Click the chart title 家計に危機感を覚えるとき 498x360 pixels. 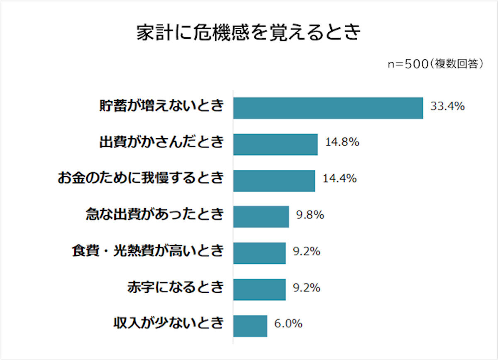(249, 33)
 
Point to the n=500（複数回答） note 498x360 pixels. (436, 64)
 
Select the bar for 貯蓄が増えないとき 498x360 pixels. (328, 108)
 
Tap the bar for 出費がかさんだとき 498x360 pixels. (275, 144)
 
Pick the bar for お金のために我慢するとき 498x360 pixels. (274, 181)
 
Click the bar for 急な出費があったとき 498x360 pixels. (261, 217)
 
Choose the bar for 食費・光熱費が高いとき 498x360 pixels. (259, 253)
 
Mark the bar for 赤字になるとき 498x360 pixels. (259, 289)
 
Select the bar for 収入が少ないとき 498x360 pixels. (250, 326)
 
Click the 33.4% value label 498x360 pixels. (447, 107)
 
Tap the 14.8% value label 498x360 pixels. (342, 143)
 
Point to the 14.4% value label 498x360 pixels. (339, 179)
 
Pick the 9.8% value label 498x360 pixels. (310, 215)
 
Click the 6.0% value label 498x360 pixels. (288, 324)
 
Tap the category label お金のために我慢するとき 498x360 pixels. (140, 179)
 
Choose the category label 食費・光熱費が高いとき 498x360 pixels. (147, 251)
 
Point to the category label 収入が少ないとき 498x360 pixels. (168, 323)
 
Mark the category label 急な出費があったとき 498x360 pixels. (154, 215)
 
